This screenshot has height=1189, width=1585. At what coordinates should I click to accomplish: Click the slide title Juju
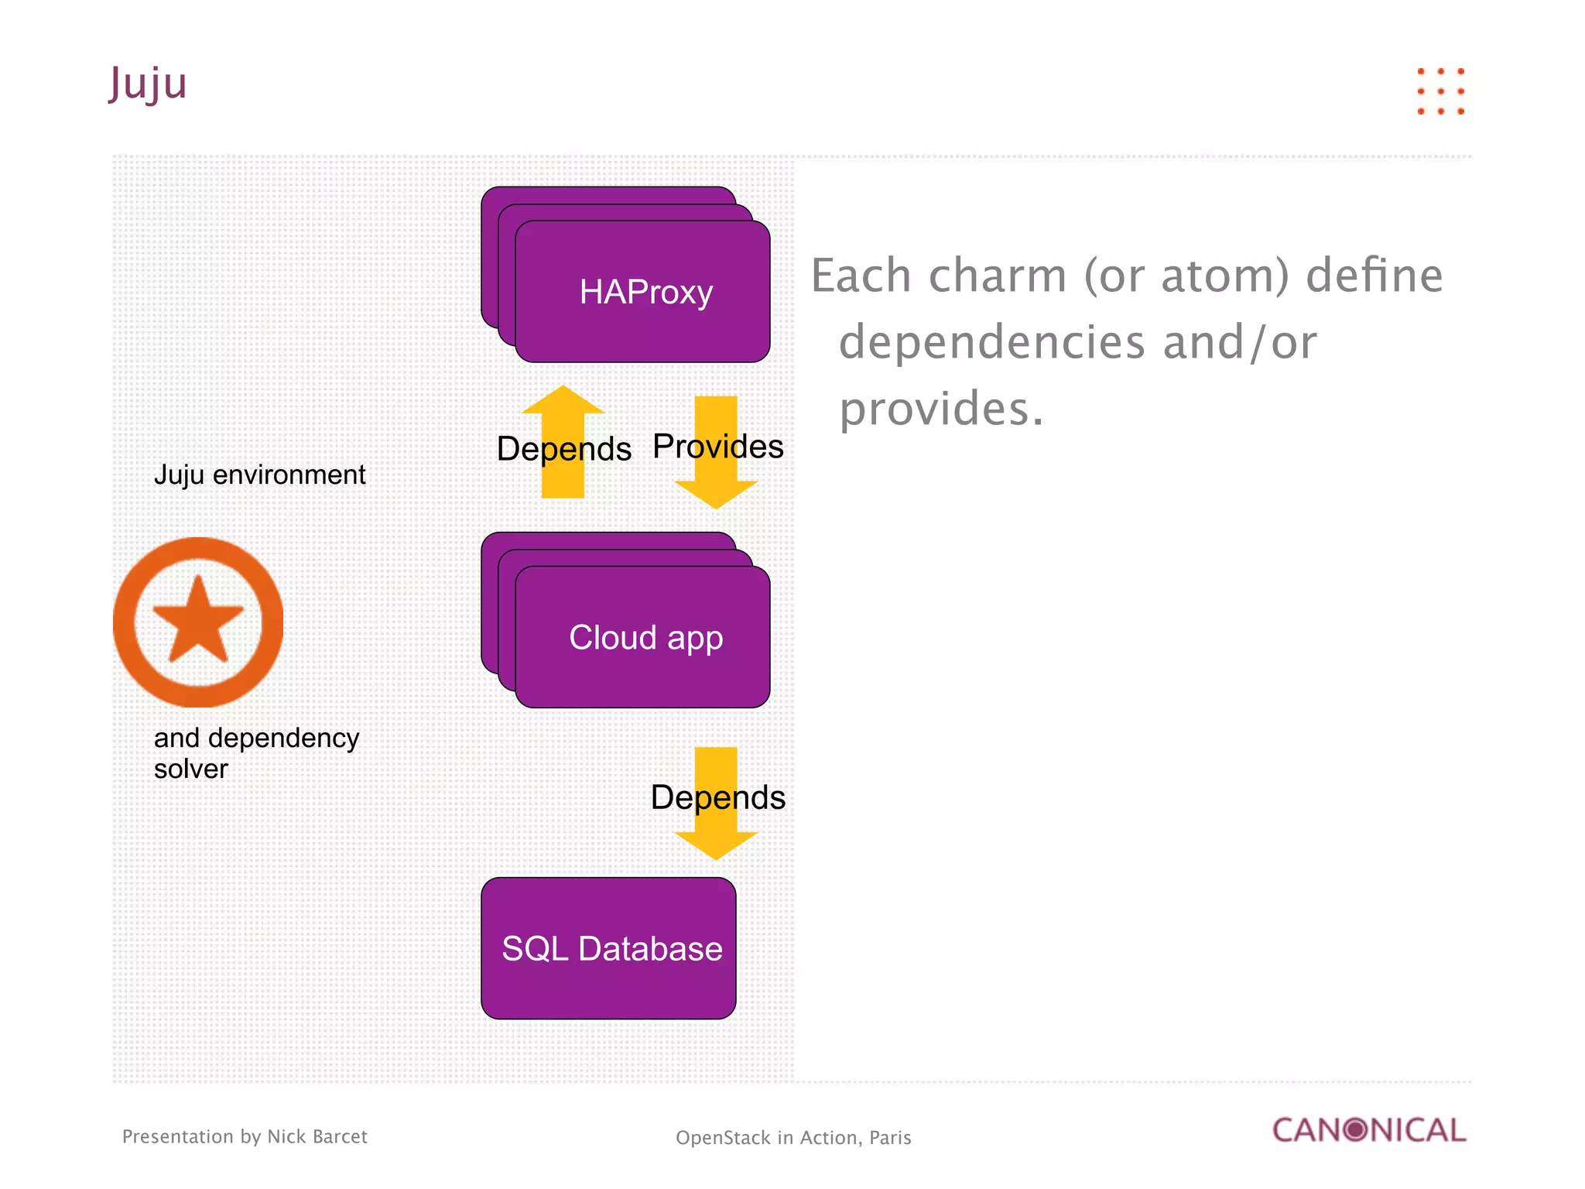[x=148, y=84]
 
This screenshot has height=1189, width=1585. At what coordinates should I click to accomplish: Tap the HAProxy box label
[x=645, y=293]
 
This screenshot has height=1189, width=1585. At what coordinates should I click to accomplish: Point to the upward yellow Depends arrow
[x=563, y=441]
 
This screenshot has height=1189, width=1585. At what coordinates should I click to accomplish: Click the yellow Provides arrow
[x=716, y=453]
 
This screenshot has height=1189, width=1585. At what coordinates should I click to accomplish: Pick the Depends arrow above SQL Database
[x=716, y=804]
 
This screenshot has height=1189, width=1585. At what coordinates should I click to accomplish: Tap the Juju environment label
[x=259, y=475]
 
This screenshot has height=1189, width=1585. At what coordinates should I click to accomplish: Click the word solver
[x=190, y=769]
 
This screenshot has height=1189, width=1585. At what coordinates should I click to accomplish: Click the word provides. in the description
[x=941, y=409]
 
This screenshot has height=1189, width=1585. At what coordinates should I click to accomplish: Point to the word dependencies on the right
[x=991, y=342]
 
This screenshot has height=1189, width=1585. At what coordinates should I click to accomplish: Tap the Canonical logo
[x=1369, y=1130]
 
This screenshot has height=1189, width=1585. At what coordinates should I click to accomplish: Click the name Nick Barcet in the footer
[x=317, y=1136]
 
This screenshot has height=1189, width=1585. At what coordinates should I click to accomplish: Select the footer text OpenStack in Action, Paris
[x=793, y=1138]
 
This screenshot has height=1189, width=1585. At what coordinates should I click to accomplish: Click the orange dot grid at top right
[x=1440, y=91]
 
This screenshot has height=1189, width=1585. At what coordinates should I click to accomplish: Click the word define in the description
[x=1374, y=276]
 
